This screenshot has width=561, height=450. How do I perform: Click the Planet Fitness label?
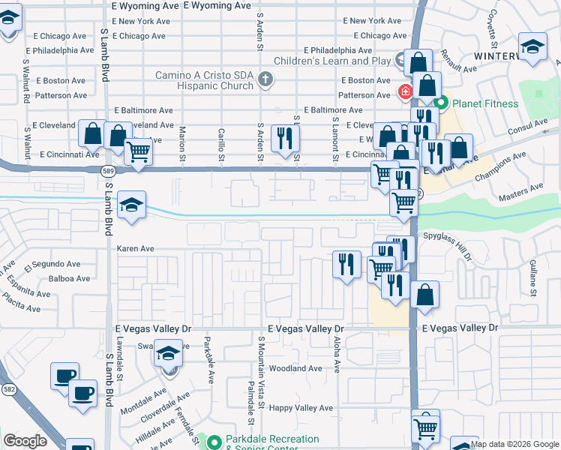click(x=484, y=103)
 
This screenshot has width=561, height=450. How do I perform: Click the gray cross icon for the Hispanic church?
click(x=265, y=78)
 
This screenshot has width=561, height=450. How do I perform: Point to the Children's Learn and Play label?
click(x=332, y=61)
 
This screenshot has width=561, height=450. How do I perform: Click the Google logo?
click(x=25, y=441)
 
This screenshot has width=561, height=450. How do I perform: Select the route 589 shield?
click(x=109, y=171)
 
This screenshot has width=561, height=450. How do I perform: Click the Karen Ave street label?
click(x=136, y=248)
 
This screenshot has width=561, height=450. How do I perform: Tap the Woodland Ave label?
click(x=295, y=368)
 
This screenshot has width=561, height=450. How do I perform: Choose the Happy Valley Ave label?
click(x=301, y=408)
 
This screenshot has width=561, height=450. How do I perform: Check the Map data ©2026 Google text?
click(x=514, y=444)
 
